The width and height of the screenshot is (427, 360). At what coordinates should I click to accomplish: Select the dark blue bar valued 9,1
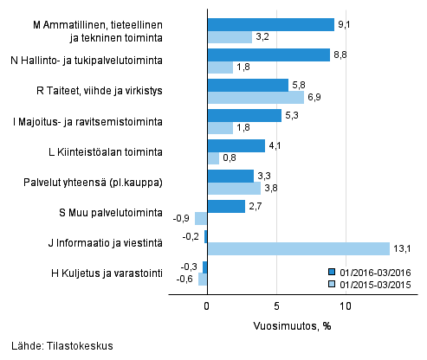coord(270,24)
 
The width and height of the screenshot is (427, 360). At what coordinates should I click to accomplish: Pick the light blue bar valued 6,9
coord(256,98)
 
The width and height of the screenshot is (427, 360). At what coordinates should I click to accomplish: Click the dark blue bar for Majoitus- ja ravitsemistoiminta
coord(244,115)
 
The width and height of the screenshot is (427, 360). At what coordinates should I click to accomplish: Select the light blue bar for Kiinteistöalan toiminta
coord(213,158)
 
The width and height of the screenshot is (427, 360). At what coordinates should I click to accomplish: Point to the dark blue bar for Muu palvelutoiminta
coord(226,206)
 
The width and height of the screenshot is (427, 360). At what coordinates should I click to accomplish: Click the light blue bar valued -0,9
coord(201,219)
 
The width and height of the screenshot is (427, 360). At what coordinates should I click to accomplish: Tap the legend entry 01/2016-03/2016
coord(372,271)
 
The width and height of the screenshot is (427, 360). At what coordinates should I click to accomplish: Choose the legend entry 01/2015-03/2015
coord(372,283)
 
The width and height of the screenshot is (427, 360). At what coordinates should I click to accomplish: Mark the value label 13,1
coord(401,249)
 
